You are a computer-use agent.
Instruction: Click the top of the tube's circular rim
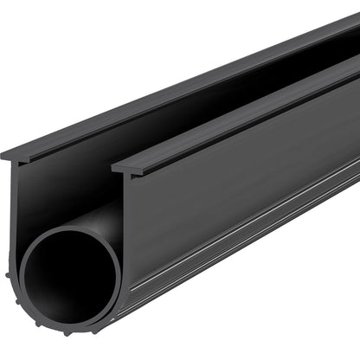click(69, 232)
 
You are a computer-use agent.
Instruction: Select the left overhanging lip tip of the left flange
click(3, 156)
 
